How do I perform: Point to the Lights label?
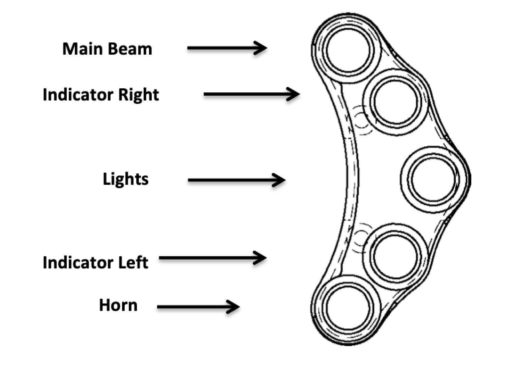coord(125,179)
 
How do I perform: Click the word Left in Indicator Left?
coord(131,262)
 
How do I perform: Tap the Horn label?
coord(118,305)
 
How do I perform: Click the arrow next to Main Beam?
coord(227,48)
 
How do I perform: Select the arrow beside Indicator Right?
coord(251,94)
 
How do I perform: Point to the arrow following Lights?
coord(236,180)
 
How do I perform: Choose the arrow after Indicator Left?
coord(212,258)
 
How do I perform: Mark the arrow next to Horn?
coord(198,307)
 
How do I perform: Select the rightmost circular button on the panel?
coord(433,179)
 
